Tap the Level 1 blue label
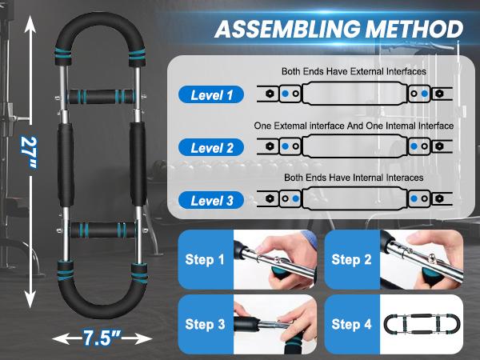tap(212, 95)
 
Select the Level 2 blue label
tap(212, 147)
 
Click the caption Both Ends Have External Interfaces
tap(354, 72)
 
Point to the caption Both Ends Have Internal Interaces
tap(354, 177)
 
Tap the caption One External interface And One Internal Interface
tap(354, 126)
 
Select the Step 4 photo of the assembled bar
tap(423, 324)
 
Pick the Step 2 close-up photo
tap(423, 259)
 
